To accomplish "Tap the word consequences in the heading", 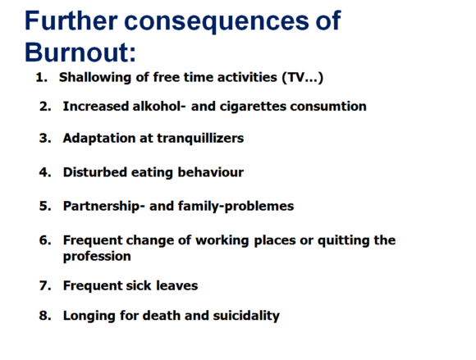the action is tap(217, 21).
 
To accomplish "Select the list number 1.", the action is tap(41, 77).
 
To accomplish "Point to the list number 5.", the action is tap(45, 206).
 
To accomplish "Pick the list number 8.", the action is tap(45, 316).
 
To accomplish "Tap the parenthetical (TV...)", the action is tap(302, 78).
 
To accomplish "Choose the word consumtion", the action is tap(328, 107).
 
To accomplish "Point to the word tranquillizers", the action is tap(200, 139).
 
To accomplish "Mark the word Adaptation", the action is tap(99, 139).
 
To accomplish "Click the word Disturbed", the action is tap(95, 172).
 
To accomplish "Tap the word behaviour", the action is tap(211, 172).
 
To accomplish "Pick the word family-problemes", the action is tap(236, 206).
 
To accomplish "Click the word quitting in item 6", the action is tap(344, 240).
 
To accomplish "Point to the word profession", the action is tap(97, 257).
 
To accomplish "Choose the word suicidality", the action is tap(246, 316).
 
